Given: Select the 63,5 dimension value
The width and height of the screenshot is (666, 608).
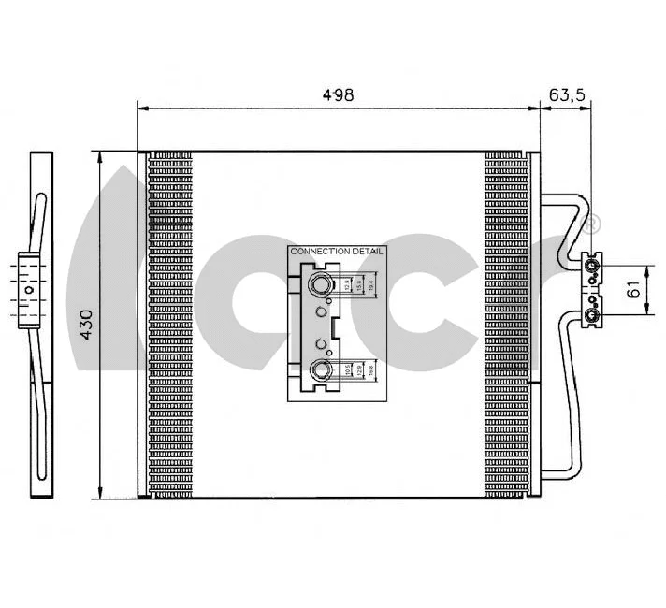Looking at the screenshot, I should click(566, 94).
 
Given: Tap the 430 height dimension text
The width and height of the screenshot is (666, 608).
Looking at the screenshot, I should click(86, 323).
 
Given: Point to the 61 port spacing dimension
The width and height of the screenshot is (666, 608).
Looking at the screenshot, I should click(634, 290).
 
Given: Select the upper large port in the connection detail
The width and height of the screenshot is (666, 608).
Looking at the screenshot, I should click(321, 284).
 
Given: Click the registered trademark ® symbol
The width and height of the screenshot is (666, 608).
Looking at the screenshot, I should click(591, 224).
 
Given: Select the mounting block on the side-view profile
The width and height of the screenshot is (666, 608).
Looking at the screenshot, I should click(30, 290).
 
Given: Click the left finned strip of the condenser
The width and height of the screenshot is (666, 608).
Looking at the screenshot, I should click(169, 323).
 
